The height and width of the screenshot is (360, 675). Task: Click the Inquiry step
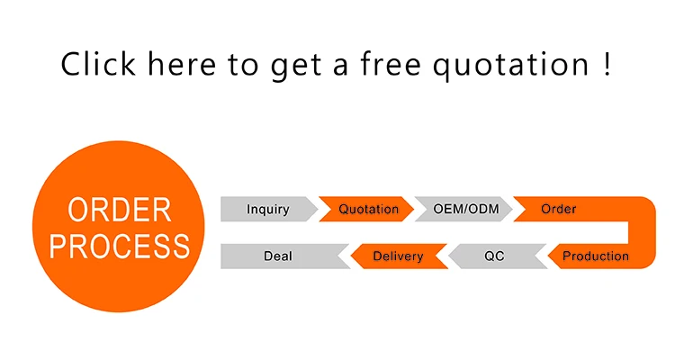tap(268, 210)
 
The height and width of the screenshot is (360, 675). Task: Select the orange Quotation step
tap(368, 210)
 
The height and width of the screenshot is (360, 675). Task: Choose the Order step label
tap(558, 210)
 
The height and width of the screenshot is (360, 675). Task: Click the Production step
tap(595, 256)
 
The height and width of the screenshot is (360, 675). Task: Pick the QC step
tap(494, 256)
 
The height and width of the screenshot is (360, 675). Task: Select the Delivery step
tap(398, 256)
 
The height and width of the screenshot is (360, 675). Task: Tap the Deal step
tap(278, 256)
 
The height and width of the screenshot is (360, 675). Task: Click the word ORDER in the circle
tap(119, 210)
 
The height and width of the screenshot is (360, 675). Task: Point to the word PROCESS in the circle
tap(119, 245)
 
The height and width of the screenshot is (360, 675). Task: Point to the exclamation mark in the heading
tap(608, 64)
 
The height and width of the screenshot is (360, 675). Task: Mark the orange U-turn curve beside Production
tap(644, 233)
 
